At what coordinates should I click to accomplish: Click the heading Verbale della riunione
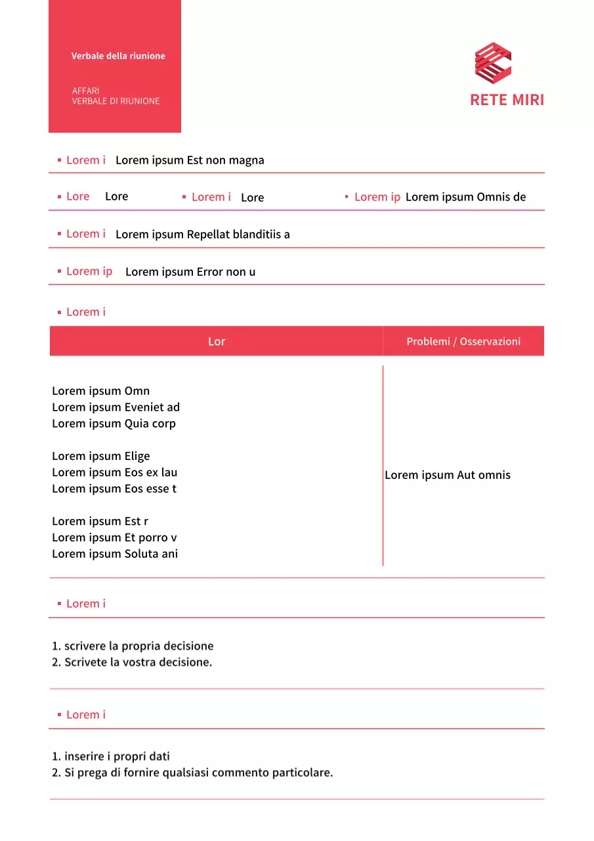tap(118, 56)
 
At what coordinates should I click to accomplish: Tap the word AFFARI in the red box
tap(86, 91)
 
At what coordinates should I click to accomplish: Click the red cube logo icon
tap(493, 64)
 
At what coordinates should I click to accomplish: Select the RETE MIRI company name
tap(507, 100)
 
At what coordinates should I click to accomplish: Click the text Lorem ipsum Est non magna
tap(190, 160)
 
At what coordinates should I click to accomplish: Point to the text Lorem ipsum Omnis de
tap(465, 197)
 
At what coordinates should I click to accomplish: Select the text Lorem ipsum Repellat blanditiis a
tap(202, 235)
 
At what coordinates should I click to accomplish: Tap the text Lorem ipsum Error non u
tap(190, 271)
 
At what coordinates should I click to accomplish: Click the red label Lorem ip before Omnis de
tap(377, 197)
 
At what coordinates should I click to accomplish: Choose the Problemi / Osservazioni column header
tap(463, 341)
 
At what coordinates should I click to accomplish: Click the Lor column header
tap(217, 341)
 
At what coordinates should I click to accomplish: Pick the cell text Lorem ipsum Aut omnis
tap(448, 475)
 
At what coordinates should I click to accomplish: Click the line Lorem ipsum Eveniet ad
tap(116, 407)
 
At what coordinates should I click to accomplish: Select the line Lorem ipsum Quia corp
tap(114, 424)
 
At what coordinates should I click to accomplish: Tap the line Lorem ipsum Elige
tap(101, 456)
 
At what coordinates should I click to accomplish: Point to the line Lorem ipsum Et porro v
tap(114, 537)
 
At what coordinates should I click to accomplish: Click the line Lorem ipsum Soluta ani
tap(115, 554)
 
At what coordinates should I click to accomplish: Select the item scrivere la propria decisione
tap(138, 646)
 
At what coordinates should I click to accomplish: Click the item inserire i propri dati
tap(117, 756)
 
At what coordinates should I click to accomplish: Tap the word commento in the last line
tap(242, 773)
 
